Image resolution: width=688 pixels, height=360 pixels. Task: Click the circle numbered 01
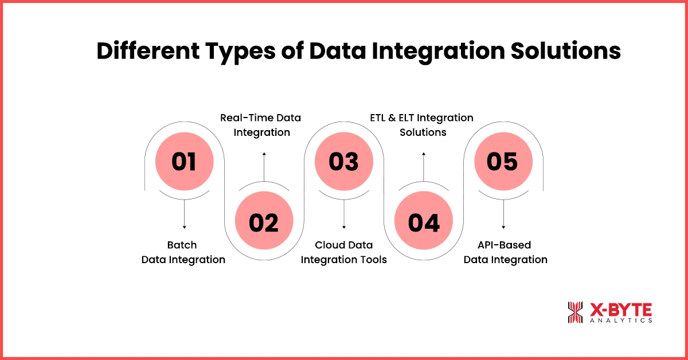point(184,162)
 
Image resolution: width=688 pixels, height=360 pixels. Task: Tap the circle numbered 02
point(264,222)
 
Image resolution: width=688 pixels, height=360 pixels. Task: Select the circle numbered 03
point(343,162)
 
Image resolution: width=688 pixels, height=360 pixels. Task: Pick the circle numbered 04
point(424,222)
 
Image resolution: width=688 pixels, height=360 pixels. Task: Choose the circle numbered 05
point(503,162)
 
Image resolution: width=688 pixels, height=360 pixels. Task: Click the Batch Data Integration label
point(183,252)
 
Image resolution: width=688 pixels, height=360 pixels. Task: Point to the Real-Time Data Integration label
point(261,125)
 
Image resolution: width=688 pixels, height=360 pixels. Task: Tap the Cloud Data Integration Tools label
point(344,252)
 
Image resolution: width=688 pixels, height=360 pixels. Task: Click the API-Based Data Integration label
point(505,252)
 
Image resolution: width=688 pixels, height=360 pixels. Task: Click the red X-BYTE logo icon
point(575,312)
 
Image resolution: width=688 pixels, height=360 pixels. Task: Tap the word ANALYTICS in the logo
point(621,321)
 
